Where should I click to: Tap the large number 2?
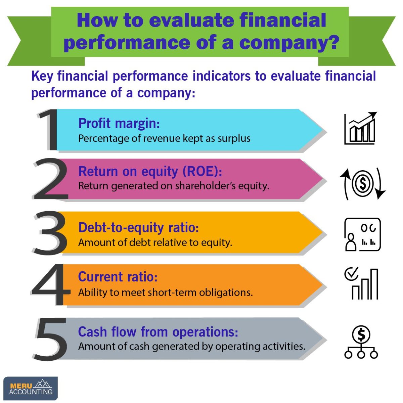50,180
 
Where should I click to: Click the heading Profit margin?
119,123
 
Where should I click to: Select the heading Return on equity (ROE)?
150,171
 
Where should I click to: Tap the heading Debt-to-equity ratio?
138,227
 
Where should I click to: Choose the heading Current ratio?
118,277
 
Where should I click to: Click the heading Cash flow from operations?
158,332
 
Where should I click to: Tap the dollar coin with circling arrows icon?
362,183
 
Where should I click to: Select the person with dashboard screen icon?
362,234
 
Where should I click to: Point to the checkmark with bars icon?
361,283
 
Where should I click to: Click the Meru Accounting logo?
31,388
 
